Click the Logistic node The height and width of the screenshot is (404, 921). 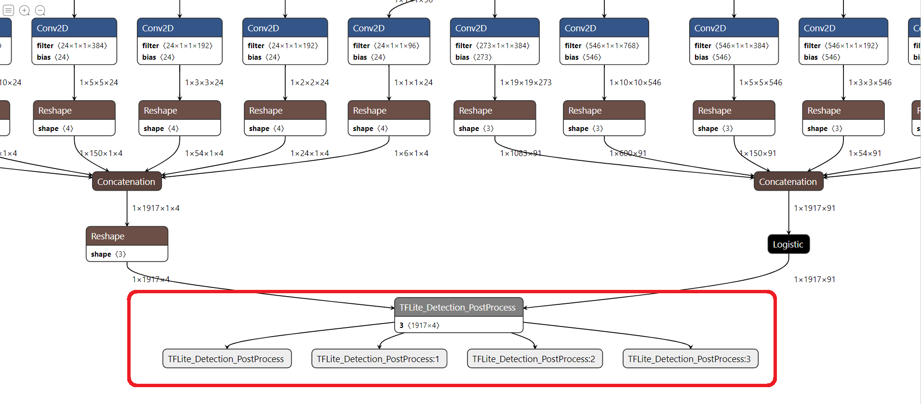coord(788,244)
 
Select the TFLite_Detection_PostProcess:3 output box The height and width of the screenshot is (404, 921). coord(690,359)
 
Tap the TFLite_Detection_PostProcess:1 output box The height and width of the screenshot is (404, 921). coord(378,359)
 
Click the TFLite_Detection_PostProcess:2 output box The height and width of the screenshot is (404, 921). coord(534,359)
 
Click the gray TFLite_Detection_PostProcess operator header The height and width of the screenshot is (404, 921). coord(458,307)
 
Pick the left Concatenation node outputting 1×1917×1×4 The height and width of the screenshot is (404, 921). coord(126,182)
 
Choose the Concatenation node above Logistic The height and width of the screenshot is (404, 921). coord(788,182)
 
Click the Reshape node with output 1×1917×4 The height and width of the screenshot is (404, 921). coord(126,236)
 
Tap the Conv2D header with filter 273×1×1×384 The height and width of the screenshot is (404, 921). coord(494,28)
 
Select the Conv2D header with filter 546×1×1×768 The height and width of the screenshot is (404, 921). coord(603,28)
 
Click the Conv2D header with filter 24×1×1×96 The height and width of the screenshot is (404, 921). coord(388,28)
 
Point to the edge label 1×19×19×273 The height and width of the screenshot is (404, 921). coord(525,82)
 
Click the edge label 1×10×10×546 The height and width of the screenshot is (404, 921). coord(635,82)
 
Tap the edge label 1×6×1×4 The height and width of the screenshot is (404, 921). coord(411,153)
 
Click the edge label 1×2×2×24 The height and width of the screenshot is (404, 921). coord(309,82)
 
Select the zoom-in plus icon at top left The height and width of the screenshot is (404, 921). coord(25,10)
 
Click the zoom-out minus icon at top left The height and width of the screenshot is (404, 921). coord(40,10)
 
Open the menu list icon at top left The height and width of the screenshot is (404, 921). coord(8,10)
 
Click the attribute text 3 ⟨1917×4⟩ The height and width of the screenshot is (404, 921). coord(419,326)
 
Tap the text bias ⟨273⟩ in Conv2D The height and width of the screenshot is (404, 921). coord(473,57)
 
